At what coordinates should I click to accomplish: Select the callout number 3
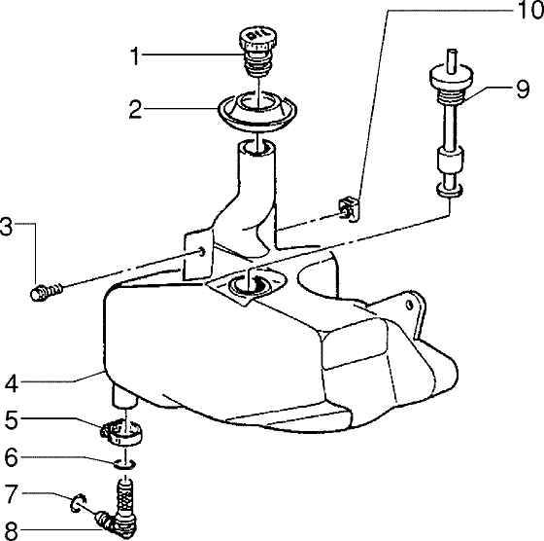(x=7, y=230)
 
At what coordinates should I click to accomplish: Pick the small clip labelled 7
(x=78, y=503)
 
